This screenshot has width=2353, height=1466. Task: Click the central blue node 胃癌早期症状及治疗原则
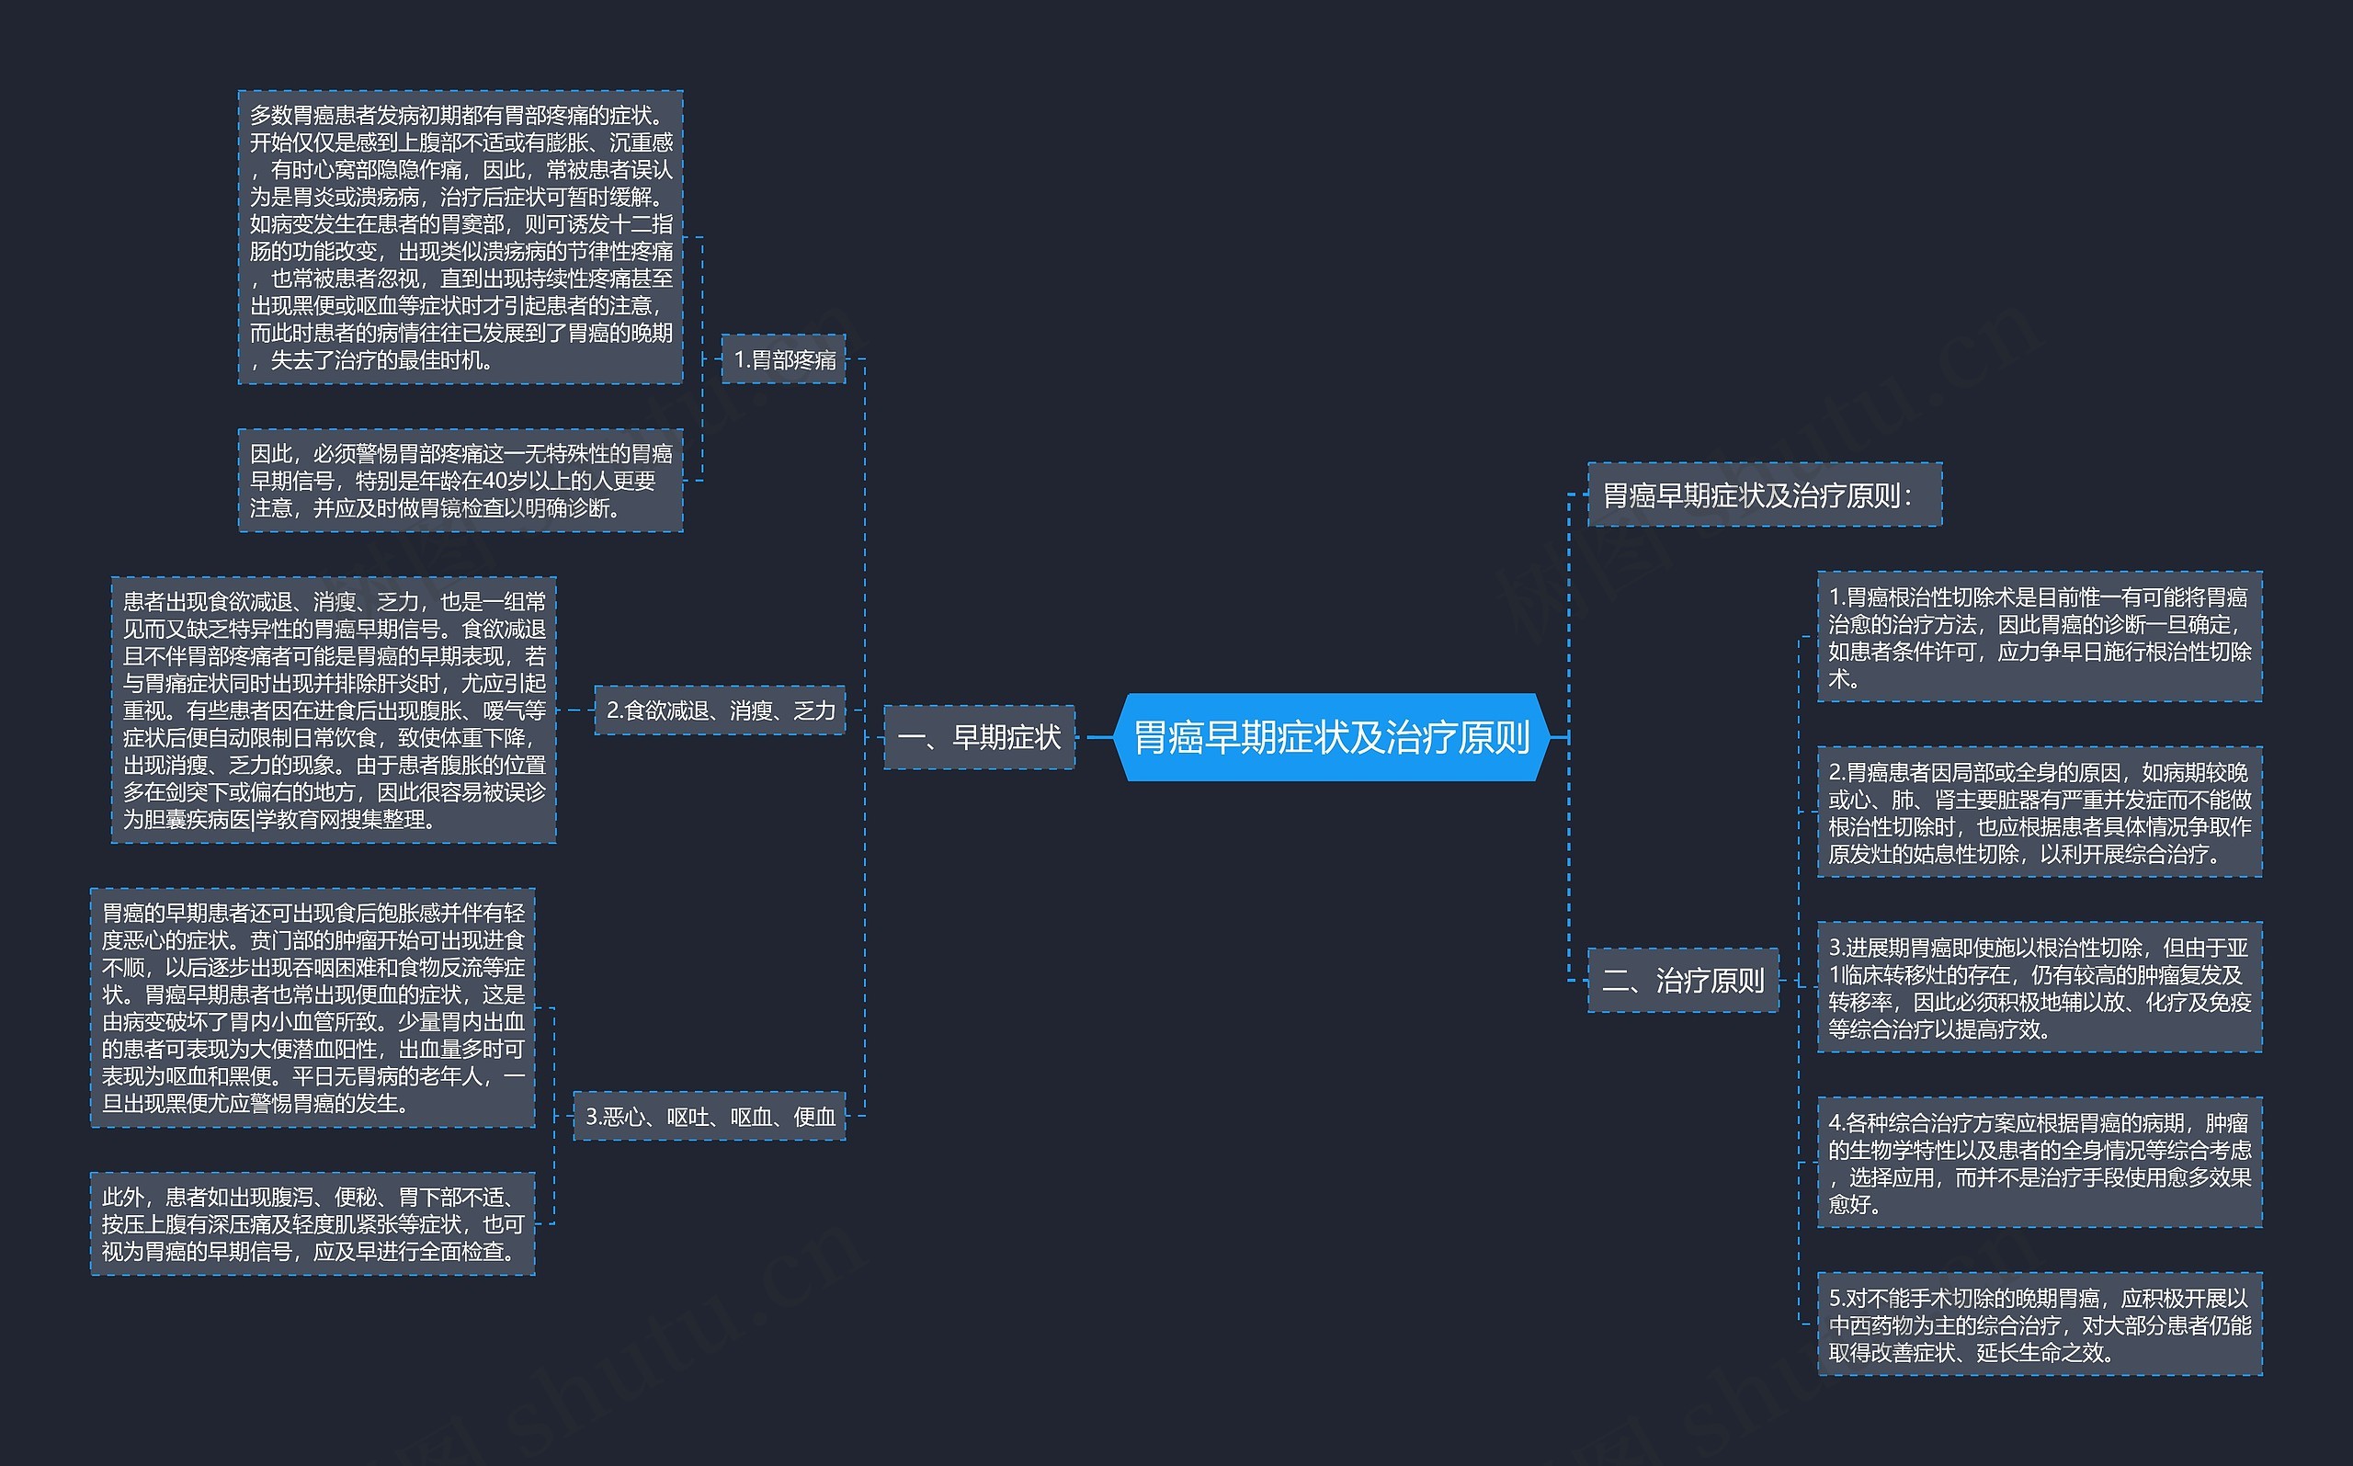point(1332,737)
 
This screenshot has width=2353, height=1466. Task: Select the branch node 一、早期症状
point(979,737)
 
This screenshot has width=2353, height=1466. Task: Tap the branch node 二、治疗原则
point(1683,980)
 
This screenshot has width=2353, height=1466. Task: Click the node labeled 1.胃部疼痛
point(783,358)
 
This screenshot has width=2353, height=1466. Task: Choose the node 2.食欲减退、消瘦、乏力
point(720,710)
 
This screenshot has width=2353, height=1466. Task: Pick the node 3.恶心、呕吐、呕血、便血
point(710,1116)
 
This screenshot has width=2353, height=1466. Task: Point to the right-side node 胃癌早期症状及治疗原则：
point(1765,494)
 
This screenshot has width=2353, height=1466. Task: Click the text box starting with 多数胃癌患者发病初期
point(460,237)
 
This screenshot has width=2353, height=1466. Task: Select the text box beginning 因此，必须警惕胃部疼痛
point(460,480)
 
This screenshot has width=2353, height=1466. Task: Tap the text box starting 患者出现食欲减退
point(334,710)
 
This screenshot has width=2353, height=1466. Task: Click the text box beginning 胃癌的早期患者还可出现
point(313,1007)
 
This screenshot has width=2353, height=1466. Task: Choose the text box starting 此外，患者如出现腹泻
point(313,1223)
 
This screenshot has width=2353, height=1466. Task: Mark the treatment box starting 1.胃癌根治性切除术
point(2040,636)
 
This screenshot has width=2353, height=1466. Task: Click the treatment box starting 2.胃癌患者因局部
point(2040,812)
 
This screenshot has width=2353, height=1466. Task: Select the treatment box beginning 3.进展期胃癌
point(2040,987)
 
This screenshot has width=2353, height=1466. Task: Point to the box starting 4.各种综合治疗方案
point(2040,1163)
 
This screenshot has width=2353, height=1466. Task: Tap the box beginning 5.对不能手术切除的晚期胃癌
point(2040,1324)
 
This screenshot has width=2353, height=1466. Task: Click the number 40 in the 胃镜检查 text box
point(494,481)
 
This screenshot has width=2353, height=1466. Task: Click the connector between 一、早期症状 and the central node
point(1095,737)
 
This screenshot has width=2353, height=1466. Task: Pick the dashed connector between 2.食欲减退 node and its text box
point(574,710)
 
